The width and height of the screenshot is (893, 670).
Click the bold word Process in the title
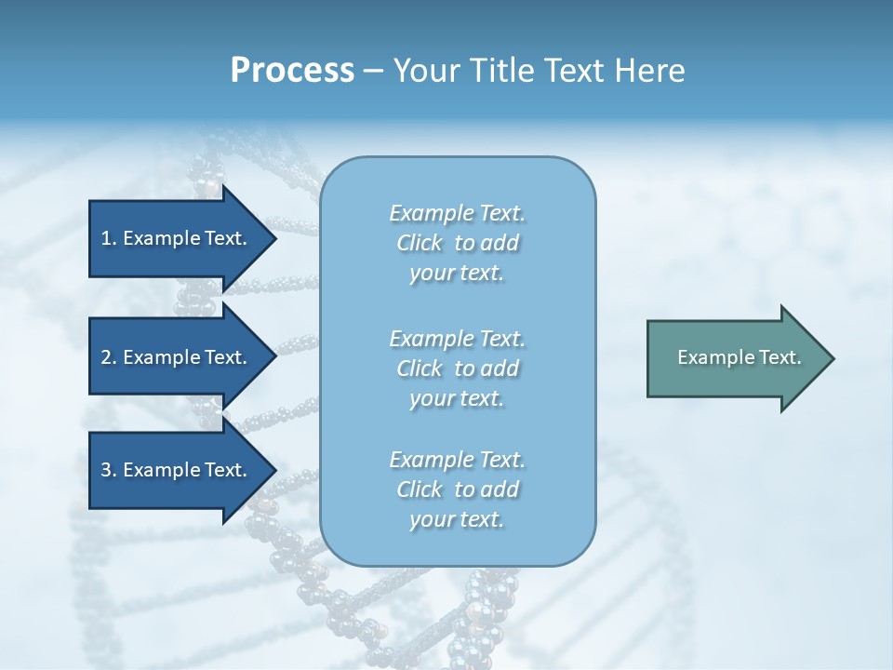tap(292, 71)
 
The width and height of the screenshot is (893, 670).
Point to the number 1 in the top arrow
tap(106, 238)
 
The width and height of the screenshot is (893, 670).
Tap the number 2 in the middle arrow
tap(106, 357)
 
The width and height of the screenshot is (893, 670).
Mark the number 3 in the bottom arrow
tap(106, 470)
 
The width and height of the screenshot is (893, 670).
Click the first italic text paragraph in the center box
tap(457, 243)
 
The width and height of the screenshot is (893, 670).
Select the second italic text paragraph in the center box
tap(457, 368)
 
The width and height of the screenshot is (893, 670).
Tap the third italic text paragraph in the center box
tap(457, 489)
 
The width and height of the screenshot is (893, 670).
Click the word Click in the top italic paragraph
tap(420, 244)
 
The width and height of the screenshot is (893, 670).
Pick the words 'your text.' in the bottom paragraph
tap(457, 520)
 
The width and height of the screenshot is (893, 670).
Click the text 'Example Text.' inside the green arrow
tap(740, 357)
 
